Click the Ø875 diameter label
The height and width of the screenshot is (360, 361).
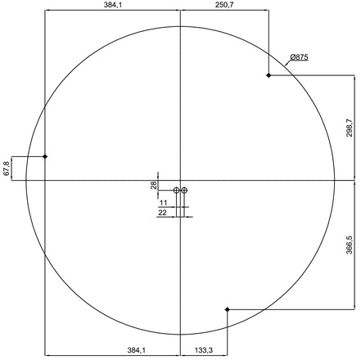click(x=300, y=57)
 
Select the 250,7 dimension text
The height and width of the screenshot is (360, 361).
click(x=224, y=5)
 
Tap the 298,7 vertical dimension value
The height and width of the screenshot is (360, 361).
click(x=350, y=128)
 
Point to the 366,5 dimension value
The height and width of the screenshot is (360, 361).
click(x=350, y=245)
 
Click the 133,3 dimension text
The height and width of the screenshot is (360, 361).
click(x=204, y=350)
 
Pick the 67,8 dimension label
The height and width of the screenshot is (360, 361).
click(x=7, y=169)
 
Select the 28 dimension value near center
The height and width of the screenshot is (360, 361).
click(x=154, y=185)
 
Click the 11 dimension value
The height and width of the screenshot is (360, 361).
click(x=163, y=203)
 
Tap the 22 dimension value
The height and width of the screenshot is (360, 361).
click(x=162, y=213)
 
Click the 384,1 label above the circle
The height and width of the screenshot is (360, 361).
click(x=113, y=5)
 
